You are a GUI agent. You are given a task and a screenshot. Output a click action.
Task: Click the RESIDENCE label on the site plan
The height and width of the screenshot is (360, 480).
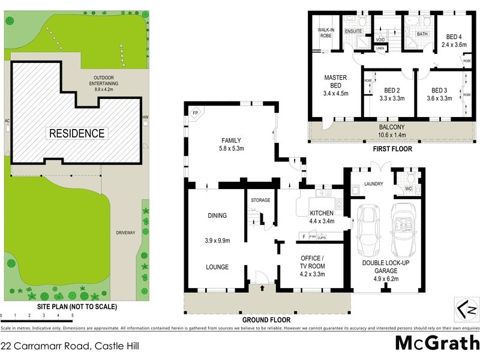(77, 133)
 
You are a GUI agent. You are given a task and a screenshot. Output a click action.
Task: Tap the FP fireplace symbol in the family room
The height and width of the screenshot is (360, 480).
(194, 113)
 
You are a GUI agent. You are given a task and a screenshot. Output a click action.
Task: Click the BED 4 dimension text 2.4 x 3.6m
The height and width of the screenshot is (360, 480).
(454, 44)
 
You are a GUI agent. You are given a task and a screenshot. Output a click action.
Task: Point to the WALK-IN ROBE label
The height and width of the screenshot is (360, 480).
(325, 32)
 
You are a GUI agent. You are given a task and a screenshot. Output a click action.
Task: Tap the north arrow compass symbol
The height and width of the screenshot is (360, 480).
(467, 310)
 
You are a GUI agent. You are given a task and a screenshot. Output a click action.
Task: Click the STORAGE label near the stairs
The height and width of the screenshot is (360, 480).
(260, 200)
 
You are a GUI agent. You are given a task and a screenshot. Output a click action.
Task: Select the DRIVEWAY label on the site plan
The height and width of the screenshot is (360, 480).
(126, 232)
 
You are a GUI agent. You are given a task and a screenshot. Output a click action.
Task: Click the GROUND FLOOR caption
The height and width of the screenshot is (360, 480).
(266, 320)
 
